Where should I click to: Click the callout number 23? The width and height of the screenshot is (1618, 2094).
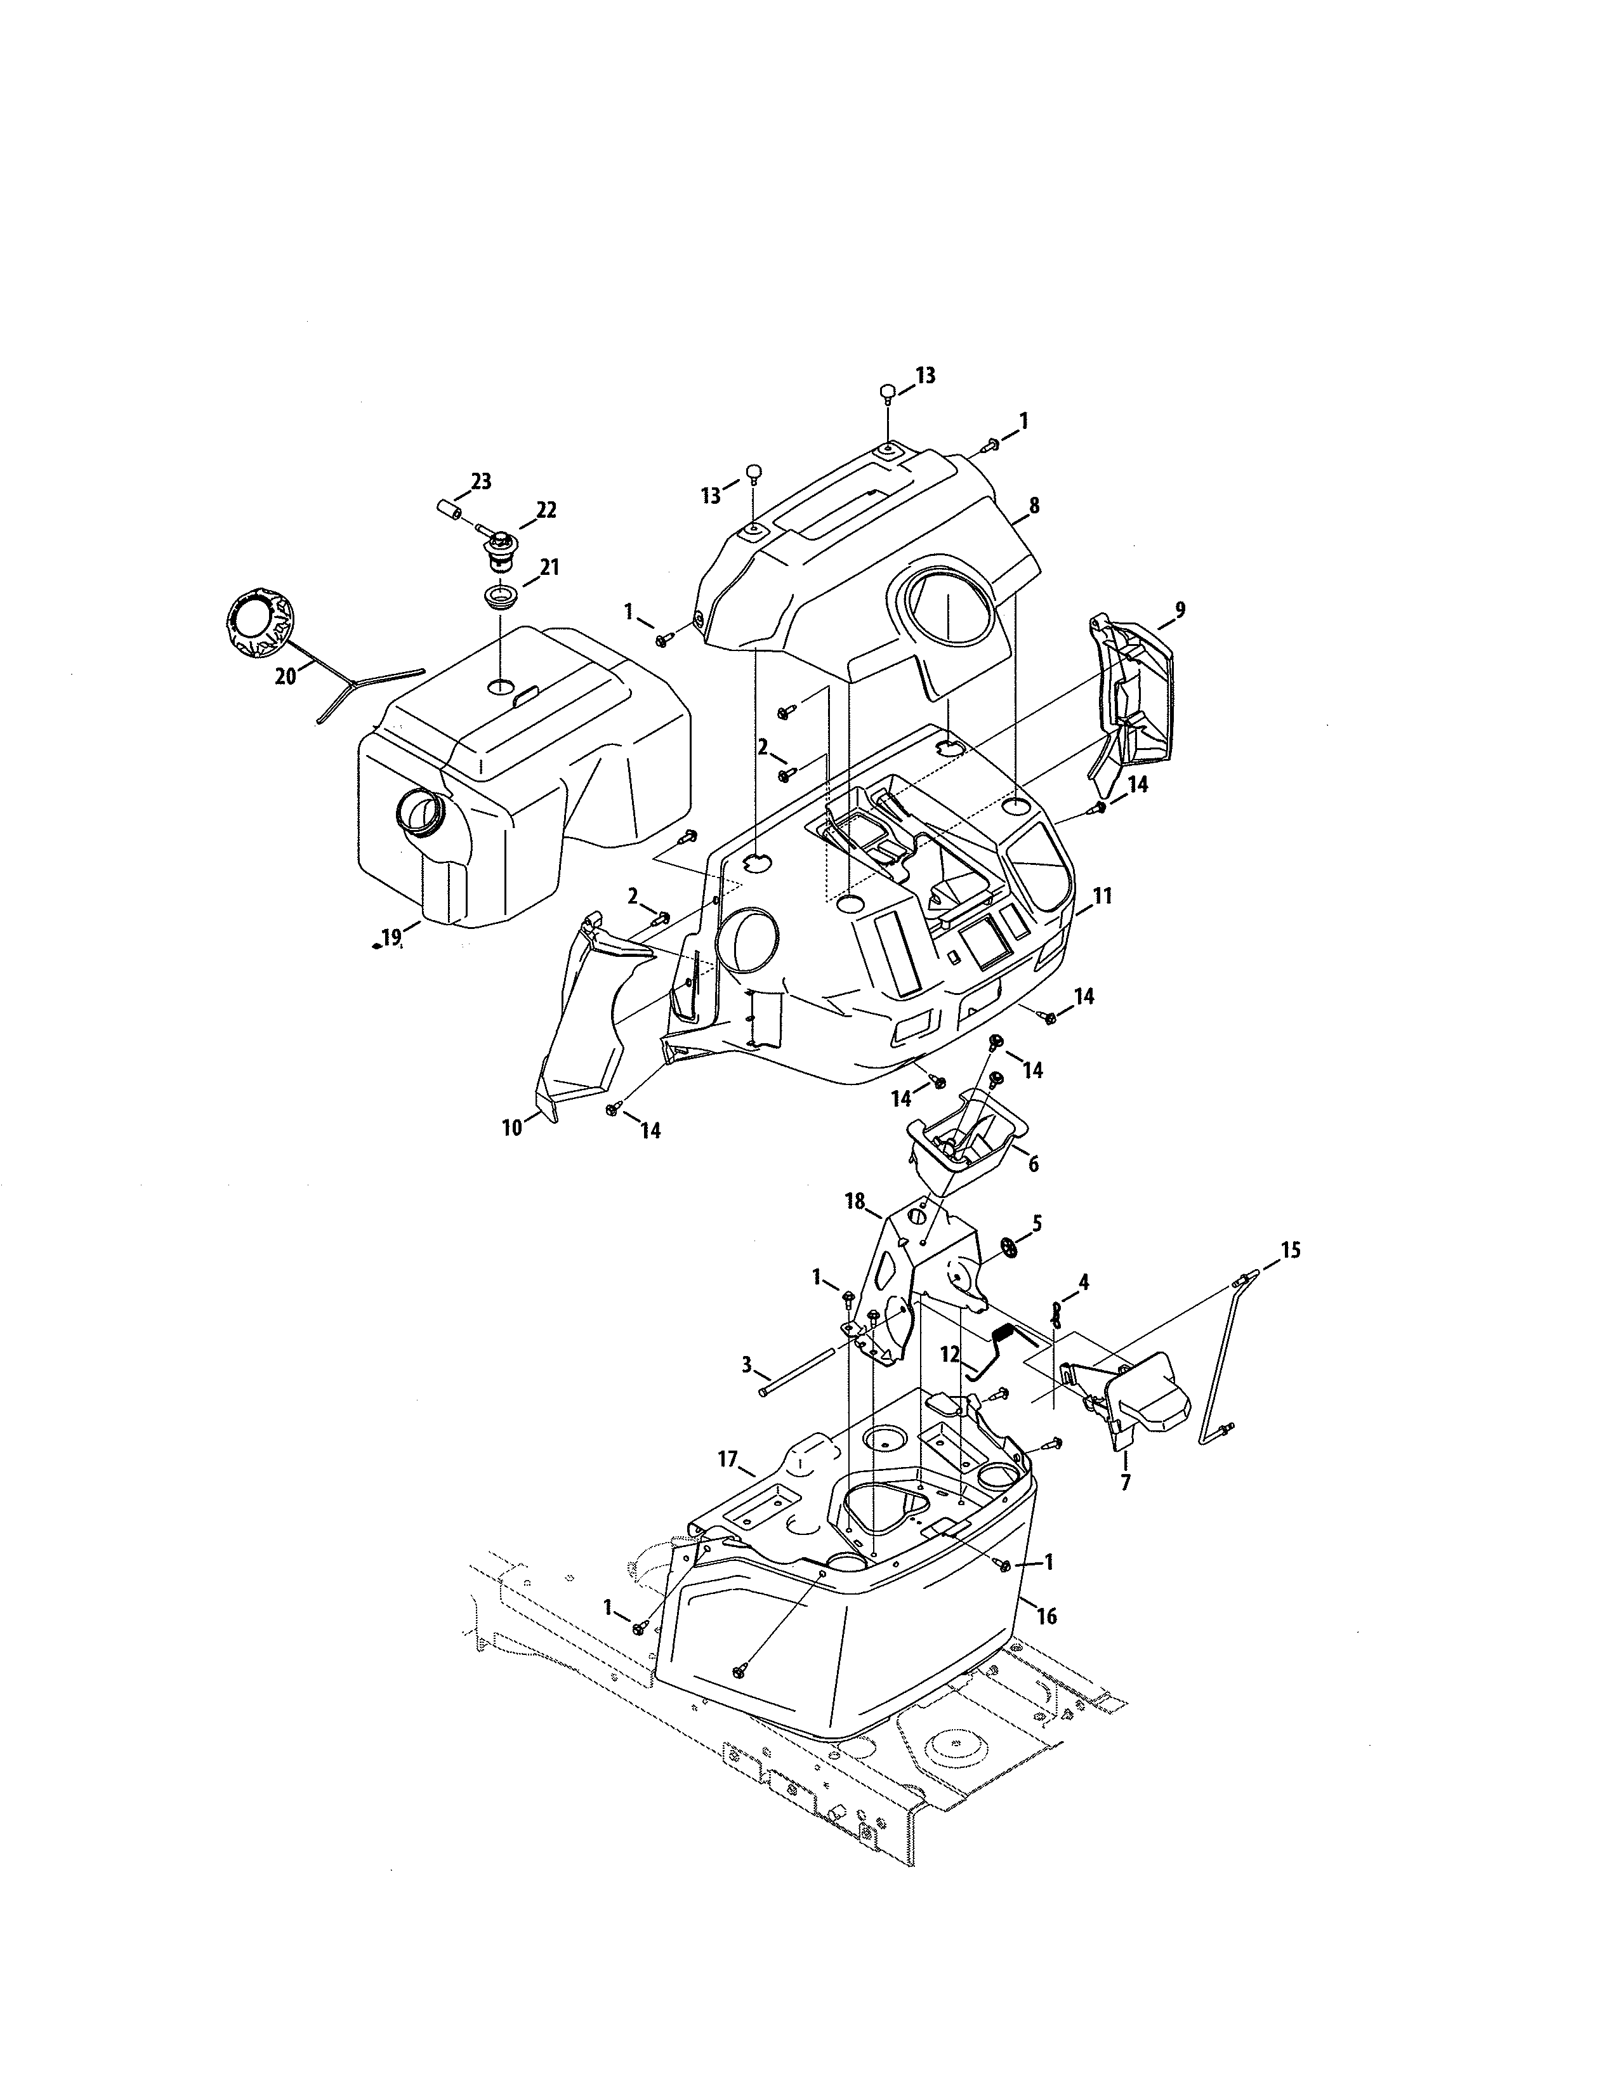tap(480, 482)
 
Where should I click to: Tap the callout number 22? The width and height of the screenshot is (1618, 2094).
tap(546, 510)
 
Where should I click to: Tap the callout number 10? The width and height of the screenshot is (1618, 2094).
tap(512, 1128)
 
